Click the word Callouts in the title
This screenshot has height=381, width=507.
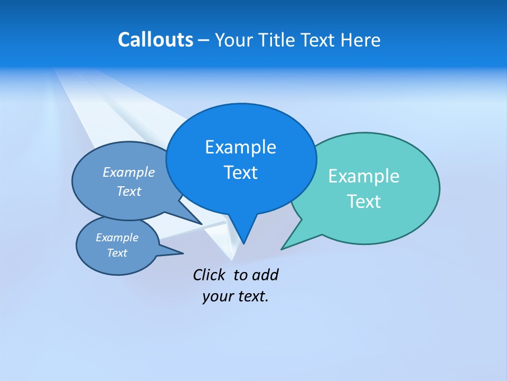(x=155, y=40)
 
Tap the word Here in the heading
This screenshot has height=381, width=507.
(x=360, y=40)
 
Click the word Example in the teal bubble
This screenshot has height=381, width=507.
(x=364, y=176)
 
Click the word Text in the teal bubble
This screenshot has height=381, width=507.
(x=364, y=202)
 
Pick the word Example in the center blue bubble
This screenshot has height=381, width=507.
(x=240, y=147)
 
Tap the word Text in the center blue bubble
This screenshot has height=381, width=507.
(x=240, y=173)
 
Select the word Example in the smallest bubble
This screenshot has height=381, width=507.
(x=117, y=238)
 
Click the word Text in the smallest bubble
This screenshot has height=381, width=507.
(x=117, y=253)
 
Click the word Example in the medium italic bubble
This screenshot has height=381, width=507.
(x=129, y=173)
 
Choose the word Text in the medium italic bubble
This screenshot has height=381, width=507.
(x=129, y=191)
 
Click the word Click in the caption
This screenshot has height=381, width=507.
(x=209, y=275)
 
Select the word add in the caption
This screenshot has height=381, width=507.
(x=265, y=275)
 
